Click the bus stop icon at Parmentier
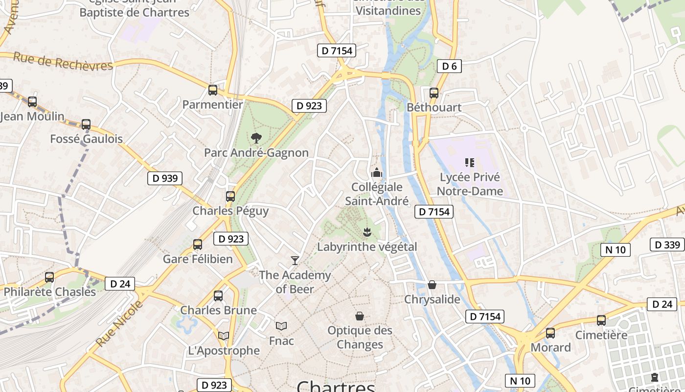(213, 90)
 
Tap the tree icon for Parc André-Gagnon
(255, 138)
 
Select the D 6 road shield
(449, 66)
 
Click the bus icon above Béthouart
(434, 93)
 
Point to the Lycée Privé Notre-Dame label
(470, 184)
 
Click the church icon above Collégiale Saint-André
(377, 172)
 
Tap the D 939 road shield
(165, 178)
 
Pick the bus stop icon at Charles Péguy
(230, 196)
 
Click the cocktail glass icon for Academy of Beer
(295, 260)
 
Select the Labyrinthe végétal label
(367, 246)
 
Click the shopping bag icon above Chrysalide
(432, 285)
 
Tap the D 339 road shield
(667, 245)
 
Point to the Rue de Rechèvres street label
(63, 62)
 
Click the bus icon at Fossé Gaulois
(86, 124)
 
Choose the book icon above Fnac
(281, 326)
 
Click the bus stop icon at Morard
(550, 333)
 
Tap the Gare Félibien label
(198, 259)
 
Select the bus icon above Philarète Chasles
(49, 277)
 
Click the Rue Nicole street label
(120, 324)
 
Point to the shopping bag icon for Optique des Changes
(360, 316)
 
